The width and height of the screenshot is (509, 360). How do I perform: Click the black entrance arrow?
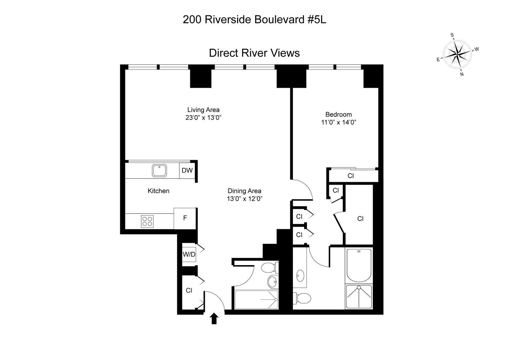click(214, 318)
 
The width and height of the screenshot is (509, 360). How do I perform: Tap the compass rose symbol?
click(457, 54)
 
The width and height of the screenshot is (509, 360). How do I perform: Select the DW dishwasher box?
click(187, 170)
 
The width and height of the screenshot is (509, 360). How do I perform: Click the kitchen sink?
click(159, 170)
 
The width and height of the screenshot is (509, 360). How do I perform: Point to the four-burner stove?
click(147, 221)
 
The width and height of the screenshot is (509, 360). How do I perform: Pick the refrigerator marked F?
click(185, 218)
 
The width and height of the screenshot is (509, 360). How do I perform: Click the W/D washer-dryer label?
click(189, 254)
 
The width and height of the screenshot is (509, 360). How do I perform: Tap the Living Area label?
click(203, 110)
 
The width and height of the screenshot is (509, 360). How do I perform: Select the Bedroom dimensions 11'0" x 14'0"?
click(338, 122)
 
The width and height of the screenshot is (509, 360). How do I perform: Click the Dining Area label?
click(244, 191)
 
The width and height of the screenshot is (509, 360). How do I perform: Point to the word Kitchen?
click(158, 191)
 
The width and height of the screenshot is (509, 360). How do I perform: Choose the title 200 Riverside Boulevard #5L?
click(254, 20)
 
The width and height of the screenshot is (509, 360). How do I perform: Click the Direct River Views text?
click(254, 53)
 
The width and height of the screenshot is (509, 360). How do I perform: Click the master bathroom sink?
click(300, 274)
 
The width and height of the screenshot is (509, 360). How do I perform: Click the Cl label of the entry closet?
click(189, 290)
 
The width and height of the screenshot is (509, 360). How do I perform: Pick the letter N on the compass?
click(462, 74)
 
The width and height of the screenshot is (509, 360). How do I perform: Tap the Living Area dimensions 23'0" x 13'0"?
click(203, 117)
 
